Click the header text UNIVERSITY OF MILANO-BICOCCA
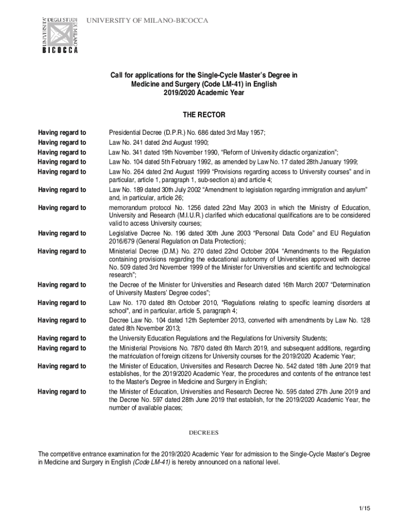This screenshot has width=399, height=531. [x=147, y=21]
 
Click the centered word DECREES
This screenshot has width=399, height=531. [x=204, y=432]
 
